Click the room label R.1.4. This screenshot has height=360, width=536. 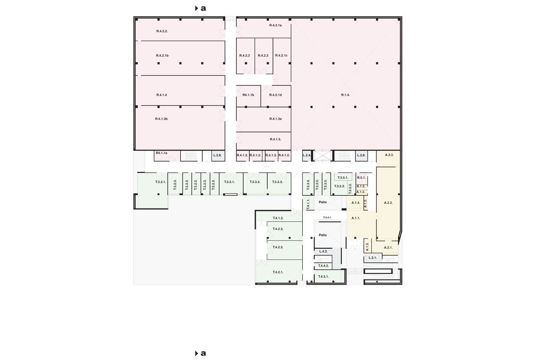click(x=345, y=95)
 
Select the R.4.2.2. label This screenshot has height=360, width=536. click(x=162, y=31)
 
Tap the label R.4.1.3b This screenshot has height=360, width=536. click(x=161, y=119)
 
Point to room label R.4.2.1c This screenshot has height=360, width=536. click(x=281, y=56)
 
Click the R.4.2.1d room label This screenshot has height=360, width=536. click(x=276, y=95)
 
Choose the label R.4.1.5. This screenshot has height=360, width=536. click(x=276, y=139)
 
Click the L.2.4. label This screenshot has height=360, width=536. click(x=307, y=155)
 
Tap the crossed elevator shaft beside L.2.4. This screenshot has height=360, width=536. click(x=322, y=156)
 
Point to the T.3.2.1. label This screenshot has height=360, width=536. click(x=160, y=182)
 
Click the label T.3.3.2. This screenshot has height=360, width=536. click(x=255, y=182)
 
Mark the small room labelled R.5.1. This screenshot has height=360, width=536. click(x=361, y=178)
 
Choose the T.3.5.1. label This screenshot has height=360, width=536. click(x=343, y=178)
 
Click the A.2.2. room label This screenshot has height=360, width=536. click(x=388, y=203)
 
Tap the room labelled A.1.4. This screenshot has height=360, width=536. click(x=356, y=203)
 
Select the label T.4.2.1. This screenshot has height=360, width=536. click(x=278, y=272)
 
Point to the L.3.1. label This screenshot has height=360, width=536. click(x=373, y=258)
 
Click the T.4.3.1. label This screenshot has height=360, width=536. click(x=323, y=277)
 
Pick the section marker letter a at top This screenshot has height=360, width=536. click(x=203, y=9)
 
